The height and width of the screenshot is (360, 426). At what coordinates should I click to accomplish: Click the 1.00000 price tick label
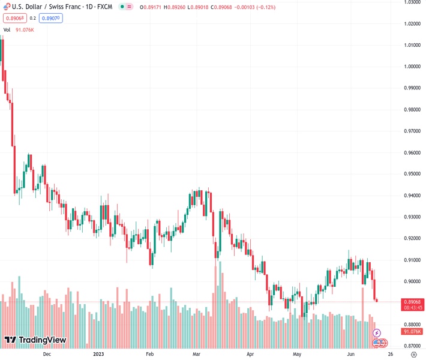(412, 67)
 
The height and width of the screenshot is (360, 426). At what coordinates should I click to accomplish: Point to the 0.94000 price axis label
(412, 196)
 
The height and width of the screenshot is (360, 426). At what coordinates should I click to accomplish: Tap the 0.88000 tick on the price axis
(412, 325)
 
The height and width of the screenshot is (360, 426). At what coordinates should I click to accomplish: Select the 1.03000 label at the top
(412, 2)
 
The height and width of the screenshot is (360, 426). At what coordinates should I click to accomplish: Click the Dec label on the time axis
(47, 354)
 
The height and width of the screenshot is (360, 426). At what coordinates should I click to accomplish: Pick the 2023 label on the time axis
(100, 354)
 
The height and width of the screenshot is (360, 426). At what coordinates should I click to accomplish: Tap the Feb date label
(151, 354)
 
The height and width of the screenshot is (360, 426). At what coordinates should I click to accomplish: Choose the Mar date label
(196, 354)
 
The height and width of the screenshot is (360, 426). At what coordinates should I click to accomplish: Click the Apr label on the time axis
(250, 354)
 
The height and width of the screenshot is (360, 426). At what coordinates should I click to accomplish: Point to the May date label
(297, 354)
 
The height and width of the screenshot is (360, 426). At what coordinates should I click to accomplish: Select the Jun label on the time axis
(351, 354)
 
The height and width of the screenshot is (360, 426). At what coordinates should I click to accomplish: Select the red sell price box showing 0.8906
(14, 18)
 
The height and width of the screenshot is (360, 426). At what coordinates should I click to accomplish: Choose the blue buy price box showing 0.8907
(50, 18)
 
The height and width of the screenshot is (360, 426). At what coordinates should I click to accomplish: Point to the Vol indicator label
(7, 29)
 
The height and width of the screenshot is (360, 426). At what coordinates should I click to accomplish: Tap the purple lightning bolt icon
(377, 333)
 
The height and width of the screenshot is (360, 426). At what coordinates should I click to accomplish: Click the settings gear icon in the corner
(413, 354)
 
